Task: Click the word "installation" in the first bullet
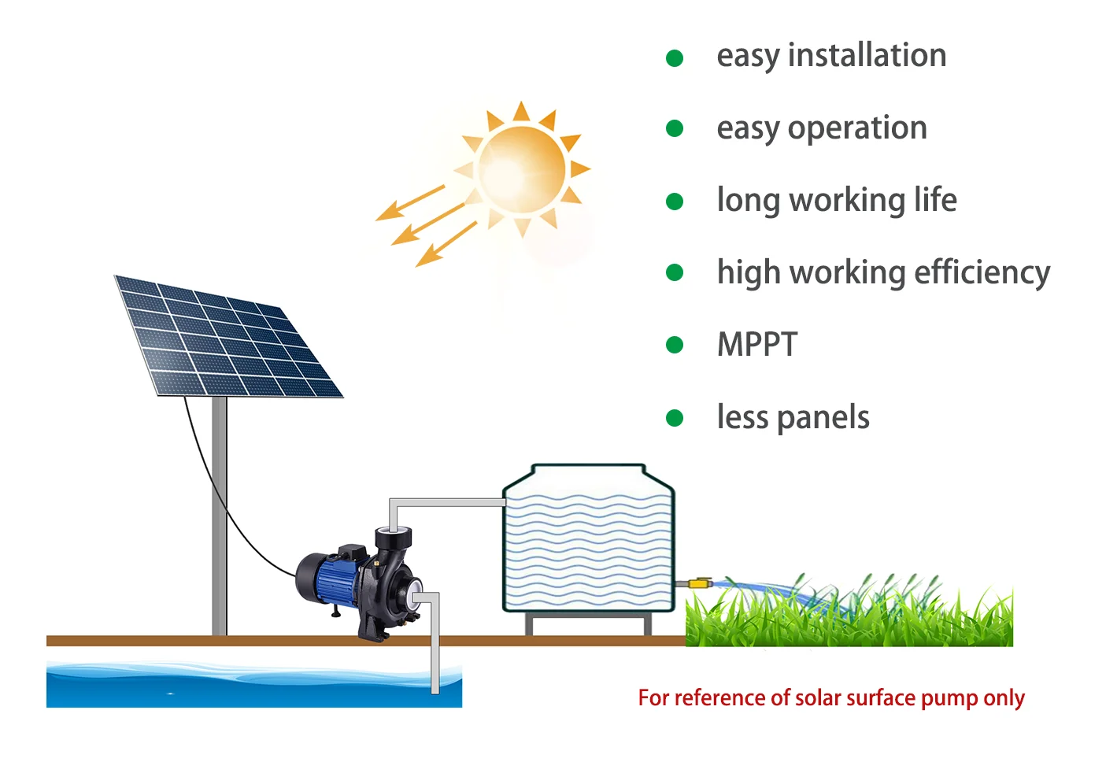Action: point(867,55)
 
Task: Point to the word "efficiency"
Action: point(982,272)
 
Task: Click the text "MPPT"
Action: point(756,345)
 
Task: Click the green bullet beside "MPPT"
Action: point(675,345)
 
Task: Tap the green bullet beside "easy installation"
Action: point(675,57)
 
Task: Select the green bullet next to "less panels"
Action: point(675,417)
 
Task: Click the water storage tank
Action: point(588,543)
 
